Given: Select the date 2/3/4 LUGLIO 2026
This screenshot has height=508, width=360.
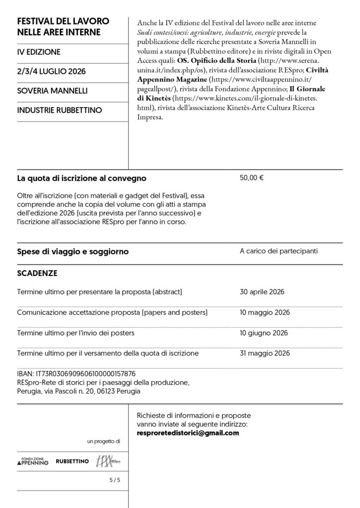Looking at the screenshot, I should coord(51,71).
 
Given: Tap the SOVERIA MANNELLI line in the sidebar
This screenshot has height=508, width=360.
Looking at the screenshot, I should coord(52,91).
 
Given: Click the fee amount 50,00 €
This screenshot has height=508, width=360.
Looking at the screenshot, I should coord(251,178).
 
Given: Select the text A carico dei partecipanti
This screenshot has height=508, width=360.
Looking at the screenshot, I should coord(279,252).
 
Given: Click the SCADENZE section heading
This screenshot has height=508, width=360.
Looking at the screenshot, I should coord(37,273).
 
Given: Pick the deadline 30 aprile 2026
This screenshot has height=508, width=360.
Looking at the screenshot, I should coord(262,292).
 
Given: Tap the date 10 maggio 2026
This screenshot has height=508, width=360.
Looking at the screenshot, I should coord(264,313).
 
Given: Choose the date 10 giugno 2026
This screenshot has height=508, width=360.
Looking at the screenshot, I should coord(264,333).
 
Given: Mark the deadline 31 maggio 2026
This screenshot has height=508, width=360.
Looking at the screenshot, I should coord(264,353).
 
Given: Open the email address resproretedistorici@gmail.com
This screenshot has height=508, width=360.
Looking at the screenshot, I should coord(188,433).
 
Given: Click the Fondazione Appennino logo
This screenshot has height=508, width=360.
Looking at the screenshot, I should coord(33,462).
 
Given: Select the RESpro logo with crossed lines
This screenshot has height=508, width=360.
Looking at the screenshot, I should coord(108,461).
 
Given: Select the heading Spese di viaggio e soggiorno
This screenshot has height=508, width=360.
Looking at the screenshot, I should coord(72,252).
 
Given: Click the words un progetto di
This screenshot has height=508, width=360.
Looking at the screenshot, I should coord(104,441).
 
